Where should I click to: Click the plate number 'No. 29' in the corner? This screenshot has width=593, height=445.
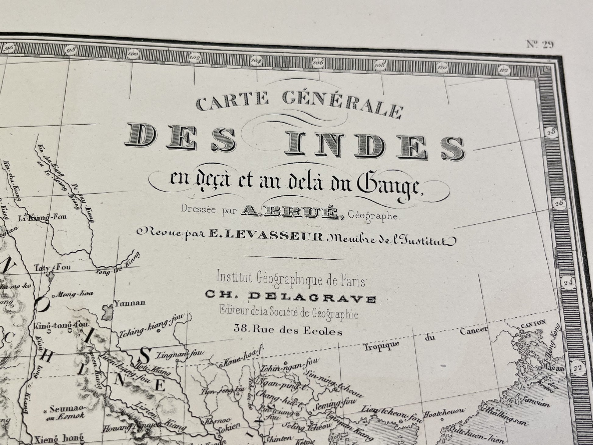(540, 44)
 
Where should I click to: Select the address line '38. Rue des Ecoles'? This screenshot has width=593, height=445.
(288, 330)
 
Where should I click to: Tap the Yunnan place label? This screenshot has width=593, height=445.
(130, 303)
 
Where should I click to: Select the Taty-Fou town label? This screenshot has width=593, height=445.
(52, 268)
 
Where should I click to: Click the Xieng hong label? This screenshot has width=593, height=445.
(59, 438)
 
